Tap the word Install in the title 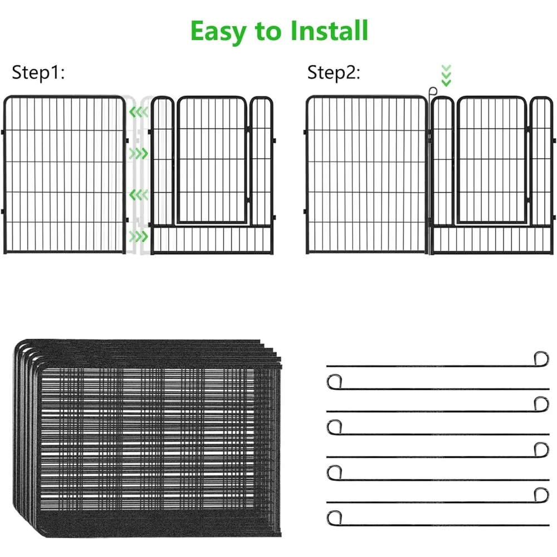328,31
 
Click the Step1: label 38,73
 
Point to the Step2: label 334,73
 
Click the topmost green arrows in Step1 138,113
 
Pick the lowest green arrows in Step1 138,236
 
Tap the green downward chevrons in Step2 446,75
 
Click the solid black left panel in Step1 65,175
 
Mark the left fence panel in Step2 367,175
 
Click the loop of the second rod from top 334,382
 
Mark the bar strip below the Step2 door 492,240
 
